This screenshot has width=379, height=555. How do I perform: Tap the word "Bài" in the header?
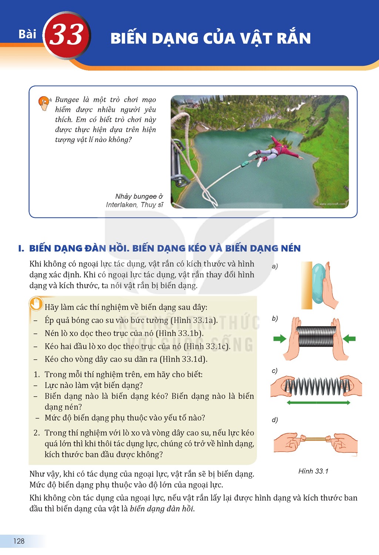pos(27,34)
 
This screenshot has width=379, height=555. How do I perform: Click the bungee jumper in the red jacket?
pos(275,151)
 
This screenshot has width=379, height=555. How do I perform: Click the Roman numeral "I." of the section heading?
pos(21,248)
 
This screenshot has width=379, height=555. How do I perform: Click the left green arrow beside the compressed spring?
pos(279,339)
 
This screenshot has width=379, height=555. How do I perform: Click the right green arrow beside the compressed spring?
pos(349,339)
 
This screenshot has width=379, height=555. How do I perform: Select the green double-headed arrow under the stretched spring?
pos(319,403)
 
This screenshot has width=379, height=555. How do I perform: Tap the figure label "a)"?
pos(275,266)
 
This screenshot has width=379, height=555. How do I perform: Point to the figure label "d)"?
pos(275,420)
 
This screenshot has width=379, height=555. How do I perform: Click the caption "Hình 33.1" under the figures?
pos(313,471)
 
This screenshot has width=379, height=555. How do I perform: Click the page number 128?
pos(19,541)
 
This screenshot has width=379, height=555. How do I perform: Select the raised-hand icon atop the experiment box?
pos(36,304)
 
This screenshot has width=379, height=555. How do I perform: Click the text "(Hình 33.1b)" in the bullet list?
pos(180,333)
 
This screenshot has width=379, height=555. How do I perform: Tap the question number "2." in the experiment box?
pos(37,433)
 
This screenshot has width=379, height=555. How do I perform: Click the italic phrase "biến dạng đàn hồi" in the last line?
pos(162,509)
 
